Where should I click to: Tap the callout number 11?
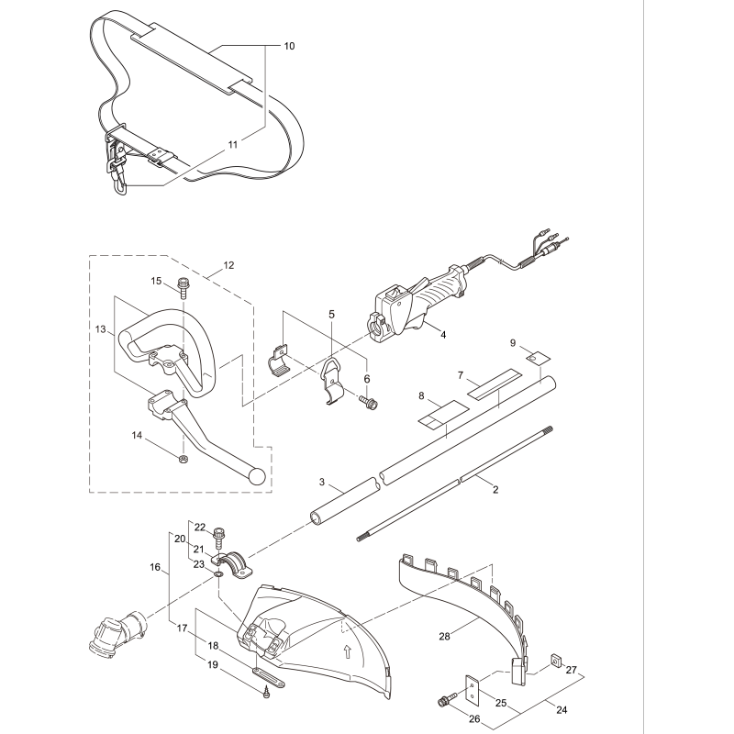tap(232, 145)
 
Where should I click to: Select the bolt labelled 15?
tap(183, 287)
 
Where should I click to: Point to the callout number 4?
tap(443, 336)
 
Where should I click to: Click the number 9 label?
tap(513, 343)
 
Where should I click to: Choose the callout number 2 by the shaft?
tap(495, 490)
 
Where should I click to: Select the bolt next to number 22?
tap(219, 534)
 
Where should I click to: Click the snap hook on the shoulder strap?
tap(118, 180)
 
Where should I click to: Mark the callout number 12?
tap(228, 265)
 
